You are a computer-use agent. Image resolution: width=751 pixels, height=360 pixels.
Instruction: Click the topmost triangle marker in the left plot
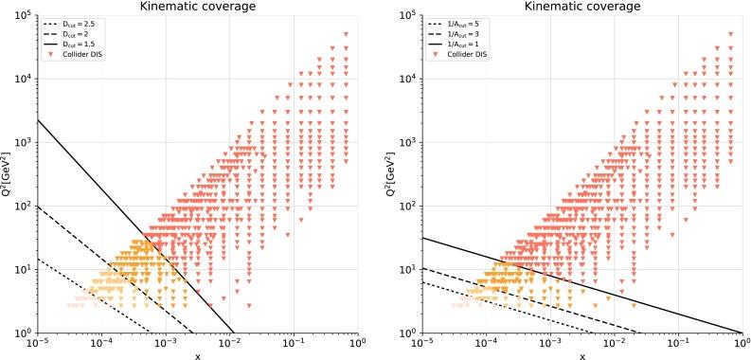click(x=347, y=34)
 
